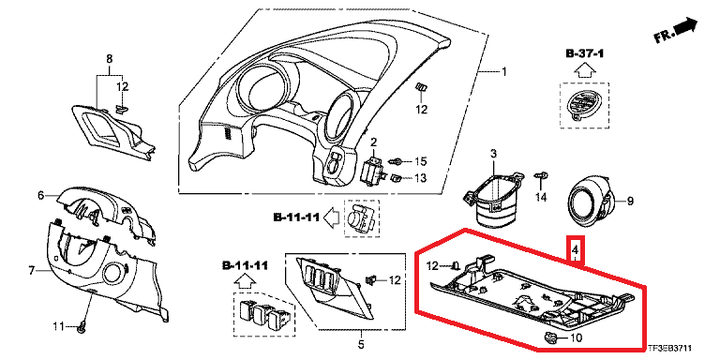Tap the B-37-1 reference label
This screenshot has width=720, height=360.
click(x=584, y=53)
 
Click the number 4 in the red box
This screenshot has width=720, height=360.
click(x=575, y=250)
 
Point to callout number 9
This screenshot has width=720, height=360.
click(x=630, y=201)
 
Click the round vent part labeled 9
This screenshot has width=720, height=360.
click(x=590, y=202)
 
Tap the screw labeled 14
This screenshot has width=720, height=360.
click(x=541, y=176)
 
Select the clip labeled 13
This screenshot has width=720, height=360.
click(x=397, y=177)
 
